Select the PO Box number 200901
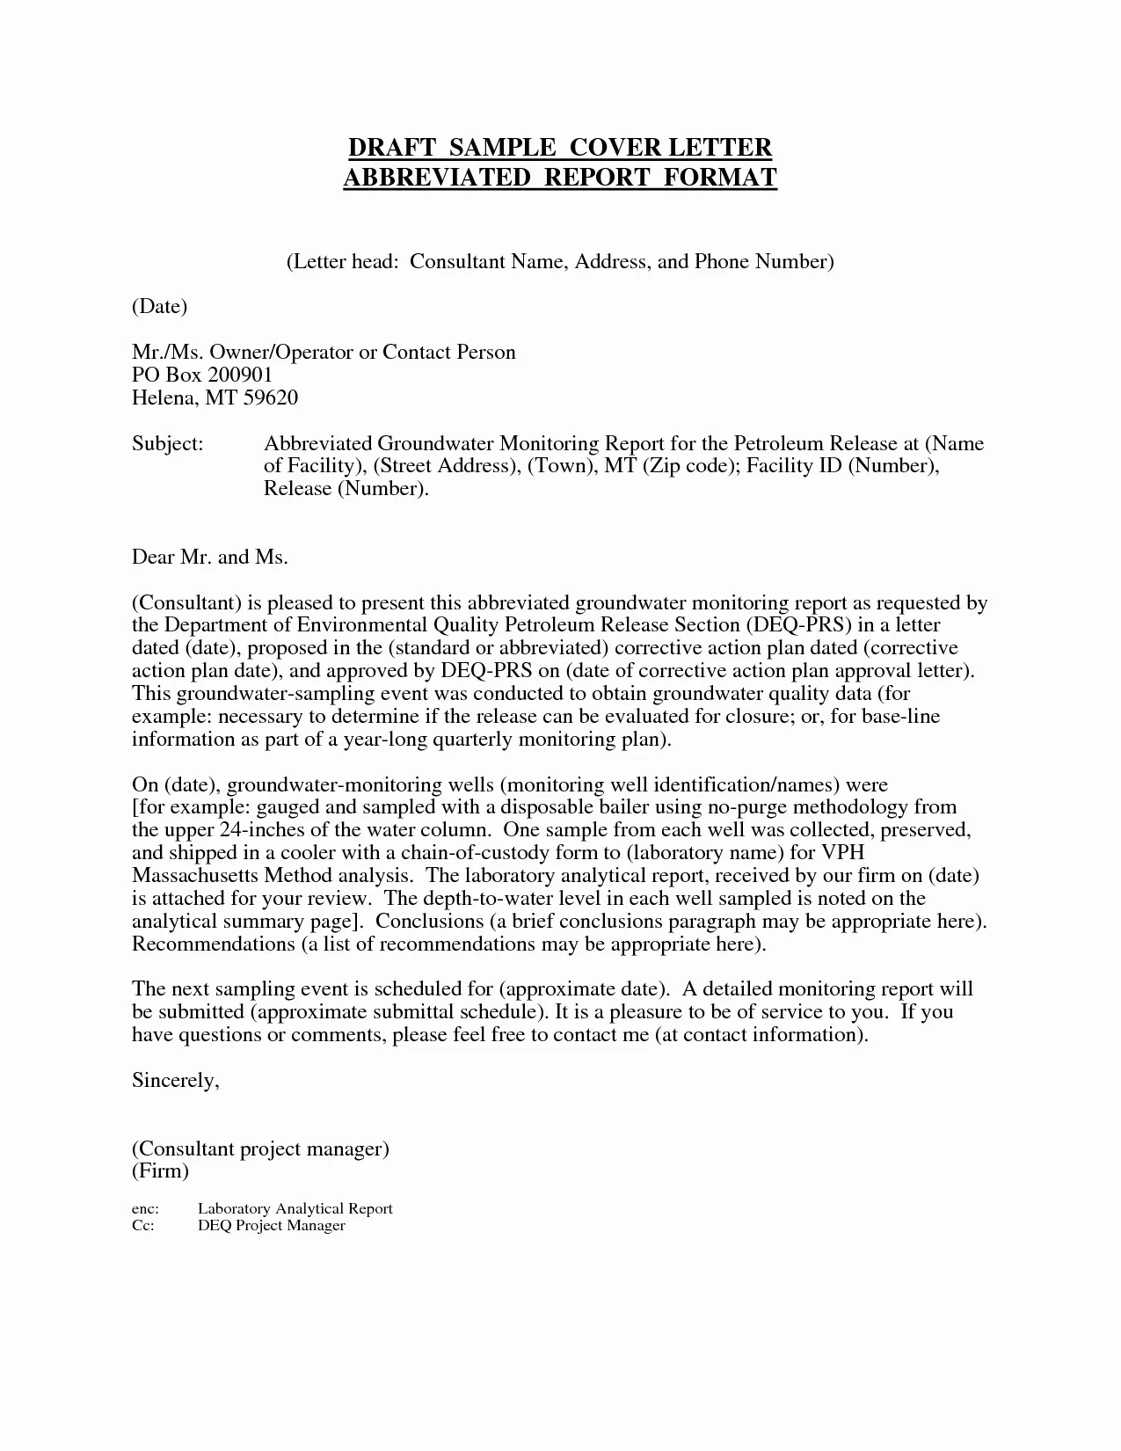pos(240,375)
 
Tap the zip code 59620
pos(270,397)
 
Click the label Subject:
pos(167,443)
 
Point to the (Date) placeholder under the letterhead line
pos(159,306)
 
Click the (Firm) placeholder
pos(160,1171)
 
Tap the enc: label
pos(145,1209)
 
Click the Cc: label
pos(143,1226)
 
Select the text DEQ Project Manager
pos(271,1226)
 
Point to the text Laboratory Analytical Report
pos(295,1209)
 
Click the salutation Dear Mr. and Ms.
pos(210,557)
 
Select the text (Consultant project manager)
pos(260,1148)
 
